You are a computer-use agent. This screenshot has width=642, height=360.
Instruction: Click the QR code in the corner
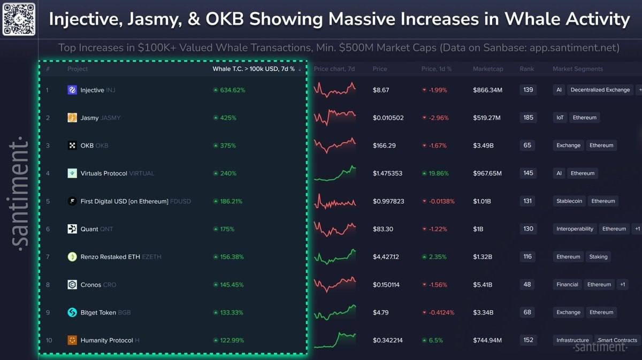(19, 19)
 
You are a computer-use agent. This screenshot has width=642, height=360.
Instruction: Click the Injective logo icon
(72, 90)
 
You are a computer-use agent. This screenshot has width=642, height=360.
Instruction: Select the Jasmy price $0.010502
(388, 118)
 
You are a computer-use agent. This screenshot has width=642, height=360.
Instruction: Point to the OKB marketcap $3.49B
(485, 145)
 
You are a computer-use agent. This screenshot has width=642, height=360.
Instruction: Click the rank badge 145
(528, 173)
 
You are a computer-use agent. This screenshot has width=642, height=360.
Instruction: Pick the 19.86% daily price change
(438, 173)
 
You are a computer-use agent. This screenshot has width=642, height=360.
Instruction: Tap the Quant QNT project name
(96, 229)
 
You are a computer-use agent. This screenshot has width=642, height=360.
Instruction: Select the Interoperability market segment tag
(575, 229)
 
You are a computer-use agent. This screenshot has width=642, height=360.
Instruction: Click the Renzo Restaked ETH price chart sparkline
(335, 257)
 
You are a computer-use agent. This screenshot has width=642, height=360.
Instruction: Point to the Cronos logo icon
(72, 285)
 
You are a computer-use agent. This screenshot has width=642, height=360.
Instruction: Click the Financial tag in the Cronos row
(567, 285)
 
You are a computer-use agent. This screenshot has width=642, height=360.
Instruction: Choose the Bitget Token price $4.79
(381, 312)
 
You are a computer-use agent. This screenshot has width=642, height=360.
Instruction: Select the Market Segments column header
(578, 69)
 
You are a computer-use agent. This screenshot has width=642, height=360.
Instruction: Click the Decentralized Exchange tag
(600, 90)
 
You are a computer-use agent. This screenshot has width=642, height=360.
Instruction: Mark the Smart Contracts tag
(617, 340)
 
